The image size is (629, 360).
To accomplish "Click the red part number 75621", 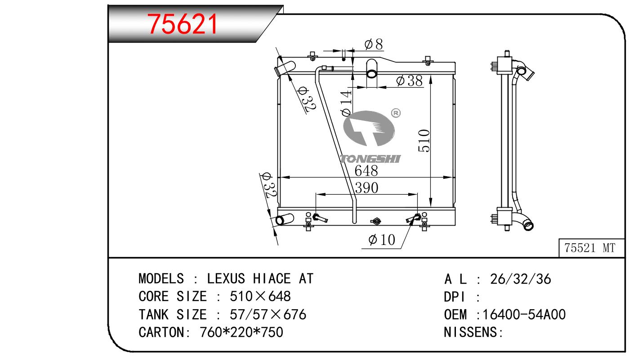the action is click(183, 24).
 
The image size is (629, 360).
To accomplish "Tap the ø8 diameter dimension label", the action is click(374, 44).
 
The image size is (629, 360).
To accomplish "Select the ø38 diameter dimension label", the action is click(409, 81).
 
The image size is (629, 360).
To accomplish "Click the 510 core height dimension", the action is click(424, 141).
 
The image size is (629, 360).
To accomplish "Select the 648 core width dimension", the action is click(366, 171).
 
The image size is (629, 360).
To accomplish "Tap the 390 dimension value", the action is click(367, 188).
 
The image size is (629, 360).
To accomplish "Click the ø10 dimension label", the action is click(382, 240).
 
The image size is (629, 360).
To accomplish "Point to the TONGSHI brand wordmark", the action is click(370, 159).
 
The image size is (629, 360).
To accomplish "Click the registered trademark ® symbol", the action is click(396, 113).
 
